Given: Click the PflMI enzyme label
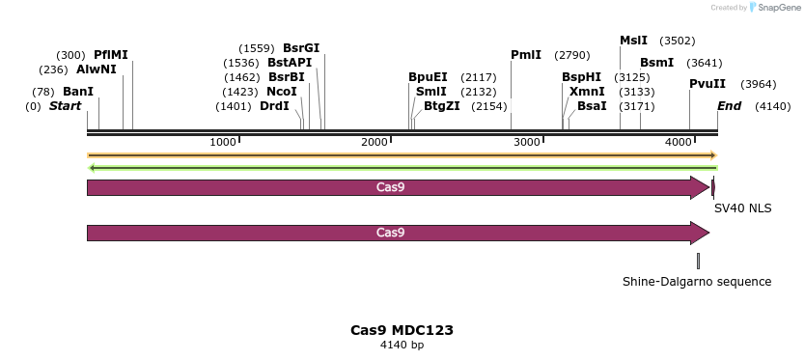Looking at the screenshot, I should (x=111, y=55).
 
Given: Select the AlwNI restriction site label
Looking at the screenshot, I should (x=97, y=69).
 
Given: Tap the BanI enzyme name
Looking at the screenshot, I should (x=78, y=92).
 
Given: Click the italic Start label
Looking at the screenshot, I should (x=65, y=106).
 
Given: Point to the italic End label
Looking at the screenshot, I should (x=729, y=106).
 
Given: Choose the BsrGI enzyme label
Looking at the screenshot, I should (x=301, y=48).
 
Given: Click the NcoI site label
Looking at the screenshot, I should (x=282, y=92).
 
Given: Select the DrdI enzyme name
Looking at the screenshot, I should (x=274, y=106).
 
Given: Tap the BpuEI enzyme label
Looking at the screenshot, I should (x=428, y=77).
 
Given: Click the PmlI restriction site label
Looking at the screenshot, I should (x=526, y=55).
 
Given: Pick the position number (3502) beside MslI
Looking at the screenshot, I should (x=677, y=41).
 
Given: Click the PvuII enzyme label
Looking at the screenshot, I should (x=708, y=84).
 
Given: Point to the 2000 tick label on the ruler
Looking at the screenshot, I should (x=375, y=142).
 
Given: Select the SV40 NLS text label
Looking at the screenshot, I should (x=742, y=208).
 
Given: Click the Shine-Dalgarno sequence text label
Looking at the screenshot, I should (x=697, y=282).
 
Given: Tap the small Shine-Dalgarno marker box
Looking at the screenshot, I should (x=698, y=261).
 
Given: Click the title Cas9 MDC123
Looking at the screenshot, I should (x=402, y=330).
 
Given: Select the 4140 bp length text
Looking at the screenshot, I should (x=402, y=345).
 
